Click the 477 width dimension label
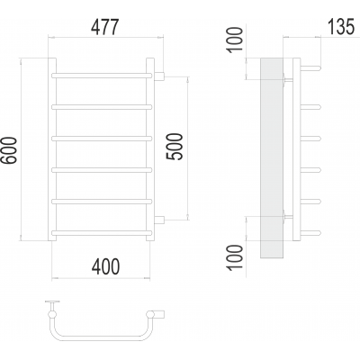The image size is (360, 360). (x=105, y=27)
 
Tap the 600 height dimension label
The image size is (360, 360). (x=9, y=150)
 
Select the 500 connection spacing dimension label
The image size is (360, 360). (x=175, y=147)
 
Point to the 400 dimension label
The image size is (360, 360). (x=105, y=266)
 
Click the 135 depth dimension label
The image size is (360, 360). (x=341, y=27)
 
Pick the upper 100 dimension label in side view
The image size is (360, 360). (x=235, y=40)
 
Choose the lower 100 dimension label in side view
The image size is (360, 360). (x=235, y=257)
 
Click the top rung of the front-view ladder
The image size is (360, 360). (x=102, y=76)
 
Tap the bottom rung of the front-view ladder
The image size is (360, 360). (x=102, y=233)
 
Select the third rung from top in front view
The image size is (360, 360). (x=102, y=139)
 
